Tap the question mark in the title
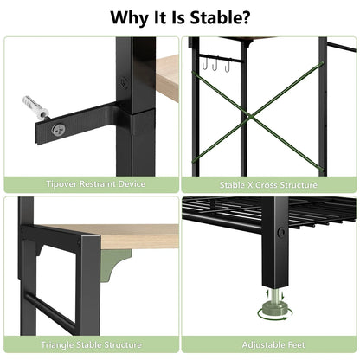pyautogui.click(x=245, y=17)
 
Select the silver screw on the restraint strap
pyautogui.click(x=58, y=130)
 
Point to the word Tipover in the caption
pyautogui.click(x=61, y=184)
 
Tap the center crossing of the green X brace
pyautogui.click(x=251, y=117)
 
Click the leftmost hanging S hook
pyautogui.click(x=205, y=64)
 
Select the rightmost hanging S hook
pyautogui.click(x=228, y=65)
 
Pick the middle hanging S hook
pyautogui.click(x=215, y=64)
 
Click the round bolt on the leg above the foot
pyautogui.click(x=281, y=233)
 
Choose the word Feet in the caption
pyautogui.click(x=296, y=344)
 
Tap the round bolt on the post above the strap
pyautogui.click(x=124, y=81)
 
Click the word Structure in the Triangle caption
pyautogui.click(x=123, y=344)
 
